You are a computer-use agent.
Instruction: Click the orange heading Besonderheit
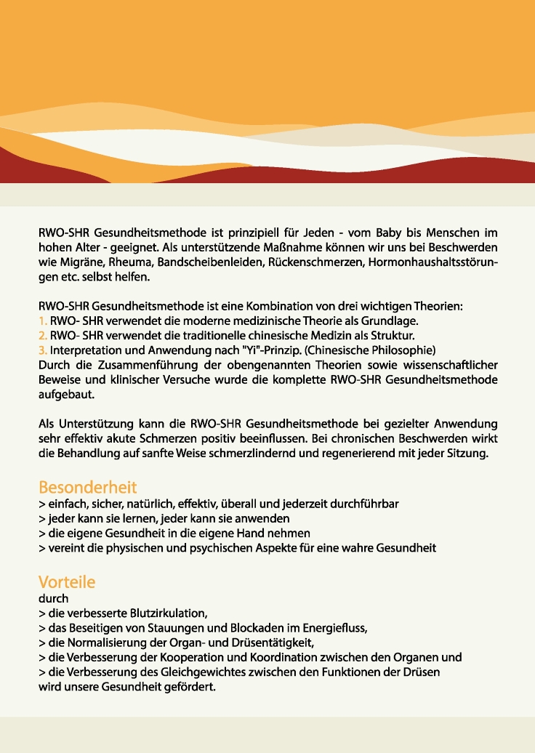click(x=87, y=486)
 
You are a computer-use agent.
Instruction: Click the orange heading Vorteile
click(x=66, y=582)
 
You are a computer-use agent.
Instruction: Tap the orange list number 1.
click(x=42, y=321)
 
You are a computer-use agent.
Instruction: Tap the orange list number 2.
click(x=42, y=335)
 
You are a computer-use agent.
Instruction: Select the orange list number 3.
click(x=42, y=350)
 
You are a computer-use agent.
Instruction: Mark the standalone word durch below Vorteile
click(x=53, y=598)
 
